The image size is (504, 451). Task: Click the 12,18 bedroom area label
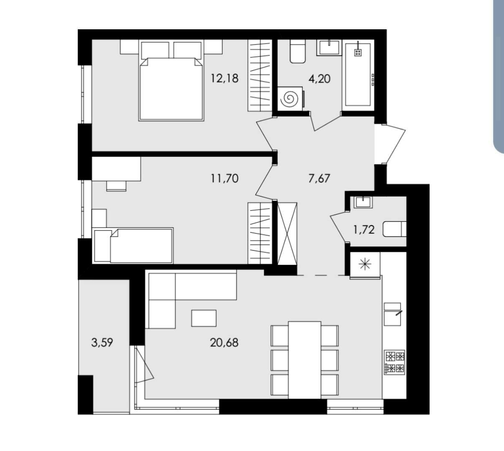(224, 79)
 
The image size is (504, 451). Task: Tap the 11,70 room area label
(224, 178)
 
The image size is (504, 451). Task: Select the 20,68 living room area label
(224, 343)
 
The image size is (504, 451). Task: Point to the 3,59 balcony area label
(102, 343)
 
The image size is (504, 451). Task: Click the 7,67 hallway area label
(319, 178)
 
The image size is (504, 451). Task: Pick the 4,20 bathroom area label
(319, 79)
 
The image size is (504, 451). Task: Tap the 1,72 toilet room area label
(364, 230)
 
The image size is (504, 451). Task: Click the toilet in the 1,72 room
(395, 229)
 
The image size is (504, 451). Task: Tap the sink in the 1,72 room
(363, 202)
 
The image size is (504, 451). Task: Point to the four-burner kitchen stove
(395, 363)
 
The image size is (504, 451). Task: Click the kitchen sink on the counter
(392, 314)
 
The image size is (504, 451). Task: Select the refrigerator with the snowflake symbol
(365, 265)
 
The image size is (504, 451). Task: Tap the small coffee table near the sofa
(204, 318)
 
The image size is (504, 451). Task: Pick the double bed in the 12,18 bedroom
(171, 81)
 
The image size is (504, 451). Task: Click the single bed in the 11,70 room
(133, 246)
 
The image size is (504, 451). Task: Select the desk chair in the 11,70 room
(116, 186)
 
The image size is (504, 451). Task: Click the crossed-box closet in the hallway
(287, 233)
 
